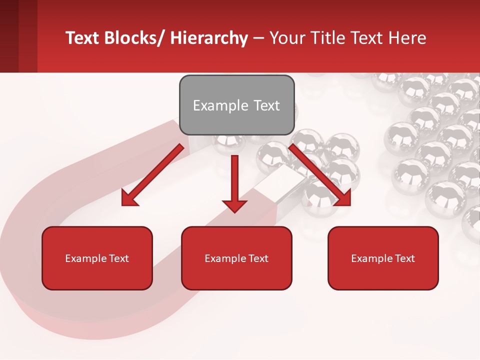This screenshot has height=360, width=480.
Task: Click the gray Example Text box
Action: click(x=236, y=105)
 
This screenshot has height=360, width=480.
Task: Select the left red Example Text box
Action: click(x=97, y=258)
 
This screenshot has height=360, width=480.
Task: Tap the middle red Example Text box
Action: click(x=236, y=258)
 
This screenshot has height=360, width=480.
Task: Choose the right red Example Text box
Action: click(x=383, y=258)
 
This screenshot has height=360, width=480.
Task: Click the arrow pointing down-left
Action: click(x=153, y=175)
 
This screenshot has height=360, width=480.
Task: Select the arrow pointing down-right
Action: click(x=320, y=175)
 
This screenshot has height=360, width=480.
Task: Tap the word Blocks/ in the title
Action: click(x=133, y=38)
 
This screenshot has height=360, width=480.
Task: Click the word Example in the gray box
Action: click(x=220, y=105)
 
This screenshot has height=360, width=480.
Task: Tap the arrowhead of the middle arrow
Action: click(x=234, y=204)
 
